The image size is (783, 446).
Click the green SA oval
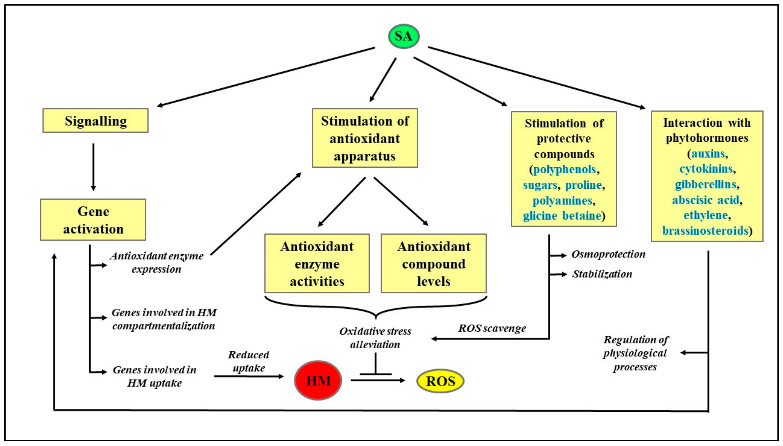point(403,36)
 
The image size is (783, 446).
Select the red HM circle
point(318,380)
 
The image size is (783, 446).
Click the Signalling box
point(95,121)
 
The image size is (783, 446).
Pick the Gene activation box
point(93,220)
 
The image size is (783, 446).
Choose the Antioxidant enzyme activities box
point(317,263)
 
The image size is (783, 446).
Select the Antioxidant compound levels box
point(434,263)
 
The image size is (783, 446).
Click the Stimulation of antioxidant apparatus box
point(365,138)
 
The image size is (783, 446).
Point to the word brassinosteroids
point(705,230)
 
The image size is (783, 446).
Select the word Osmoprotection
point(608,254)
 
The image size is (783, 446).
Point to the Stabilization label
point(602,274)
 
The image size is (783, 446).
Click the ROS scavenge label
point(492,328)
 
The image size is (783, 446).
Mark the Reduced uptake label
point(248,361)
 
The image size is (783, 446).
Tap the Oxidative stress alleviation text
point(375,338)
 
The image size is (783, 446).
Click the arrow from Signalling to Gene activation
point(93,167)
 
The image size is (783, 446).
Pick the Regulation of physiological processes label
point(635,353)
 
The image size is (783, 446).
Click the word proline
point(583,185)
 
